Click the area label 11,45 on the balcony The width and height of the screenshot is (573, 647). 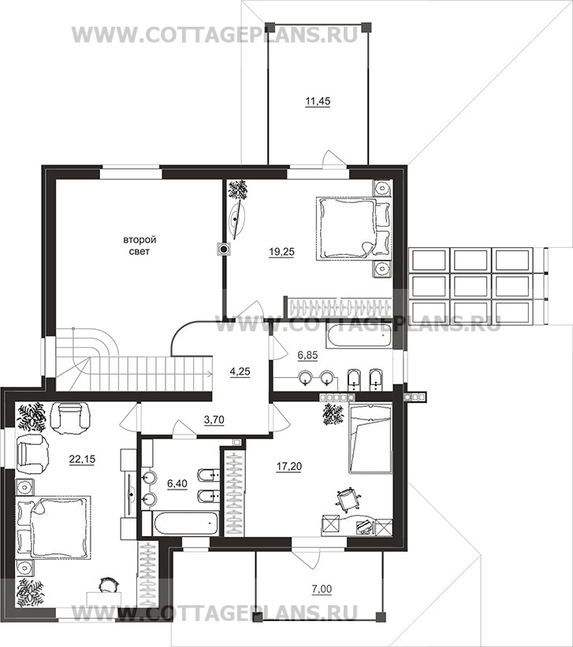tap(318, 101)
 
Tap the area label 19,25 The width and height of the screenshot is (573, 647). tap(281, 252)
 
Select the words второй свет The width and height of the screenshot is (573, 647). tap(140, 246)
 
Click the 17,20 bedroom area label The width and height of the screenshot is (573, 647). tap(288, 466)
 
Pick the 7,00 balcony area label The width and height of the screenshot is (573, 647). tap(323, 590)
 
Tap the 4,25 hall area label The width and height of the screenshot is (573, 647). tap(240, 372)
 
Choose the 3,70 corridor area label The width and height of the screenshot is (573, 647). tap(214, 420)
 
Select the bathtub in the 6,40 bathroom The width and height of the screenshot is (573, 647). tap(180, 523)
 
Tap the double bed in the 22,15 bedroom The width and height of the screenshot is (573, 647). tap(54, 527)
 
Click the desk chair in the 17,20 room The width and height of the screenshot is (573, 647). tap(348, 498)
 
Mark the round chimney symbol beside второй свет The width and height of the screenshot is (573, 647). tap(224, 250)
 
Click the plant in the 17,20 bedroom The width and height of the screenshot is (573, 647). tap(333, 414)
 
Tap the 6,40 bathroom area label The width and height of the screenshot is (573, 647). tap(177, 483)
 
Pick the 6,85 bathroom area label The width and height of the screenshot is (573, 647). tap(307, 356)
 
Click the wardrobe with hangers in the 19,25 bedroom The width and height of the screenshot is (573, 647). tap(337, 308)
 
